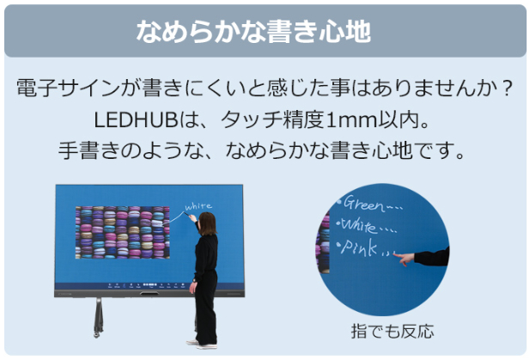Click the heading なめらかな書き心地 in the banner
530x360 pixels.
[253, 32]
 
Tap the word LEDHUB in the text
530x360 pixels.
[136, 119]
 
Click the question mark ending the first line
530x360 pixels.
[506, 88]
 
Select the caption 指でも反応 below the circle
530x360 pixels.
[393, 332]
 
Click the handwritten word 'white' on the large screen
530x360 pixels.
[198, 206]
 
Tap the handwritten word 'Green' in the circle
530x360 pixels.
[364, 204]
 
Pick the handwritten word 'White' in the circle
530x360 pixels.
[358, 225]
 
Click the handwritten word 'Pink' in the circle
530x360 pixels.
[358, 247]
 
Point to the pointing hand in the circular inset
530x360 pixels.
[405, 259]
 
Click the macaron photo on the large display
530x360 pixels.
[122, 233]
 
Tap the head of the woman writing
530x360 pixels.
[208, 223]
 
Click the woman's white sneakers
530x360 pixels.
[202, 345]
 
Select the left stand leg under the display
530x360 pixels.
[99, 317]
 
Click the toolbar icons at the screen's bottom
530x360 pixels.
[146, 285]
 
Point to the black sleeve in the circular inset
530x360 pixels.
[431, 257]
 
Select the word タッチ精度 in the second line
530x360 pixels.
[273, 120]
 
